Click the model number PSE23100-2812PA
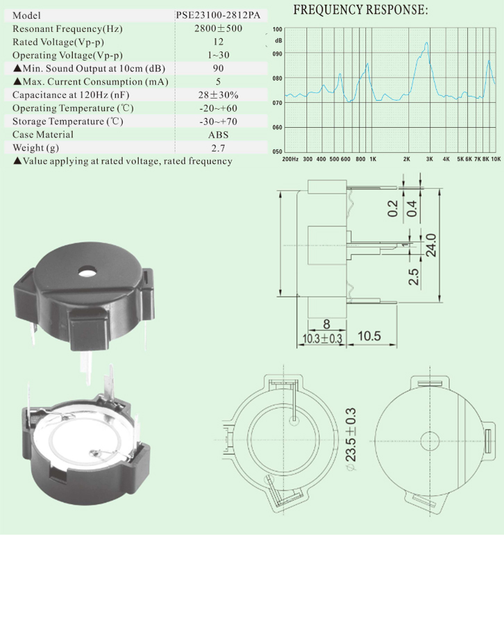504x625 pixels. tap(218, 15)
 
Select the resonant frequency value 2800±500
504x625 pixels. tap(218, 28)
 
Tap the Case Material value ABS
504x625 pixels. tap(218, 135)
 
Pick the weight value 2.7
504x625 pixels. tap(218, 148)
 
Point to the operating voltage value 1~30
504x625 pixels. tap(218, 55)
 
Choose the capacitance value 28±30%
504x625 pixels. tap(218, 95)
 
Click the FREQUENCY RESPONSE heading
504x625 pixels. tap(360, 10)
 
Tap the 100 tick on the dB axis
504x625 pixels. tap(277, 29)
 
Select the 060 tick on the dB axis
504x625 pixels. tap(277, 128)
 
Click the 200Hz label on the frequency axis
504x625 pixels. tap(290, 159)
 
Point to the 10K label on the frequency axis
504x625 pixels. tap(496, 159)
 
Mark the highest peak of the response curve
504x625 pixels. tap(427, 42)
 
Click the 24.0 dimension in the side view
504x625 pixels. tap(431, 244)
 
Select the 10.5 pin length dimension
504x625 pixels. tap(369, 336)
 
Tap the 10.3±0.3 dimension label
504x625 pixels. tap(322, 339)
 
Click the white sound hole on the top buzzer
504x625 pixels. tap(87, 272)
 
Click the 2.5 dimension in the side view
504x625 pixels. tap(414, 276)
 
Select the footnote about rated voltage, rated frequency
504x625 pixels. tap(123, 161)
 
